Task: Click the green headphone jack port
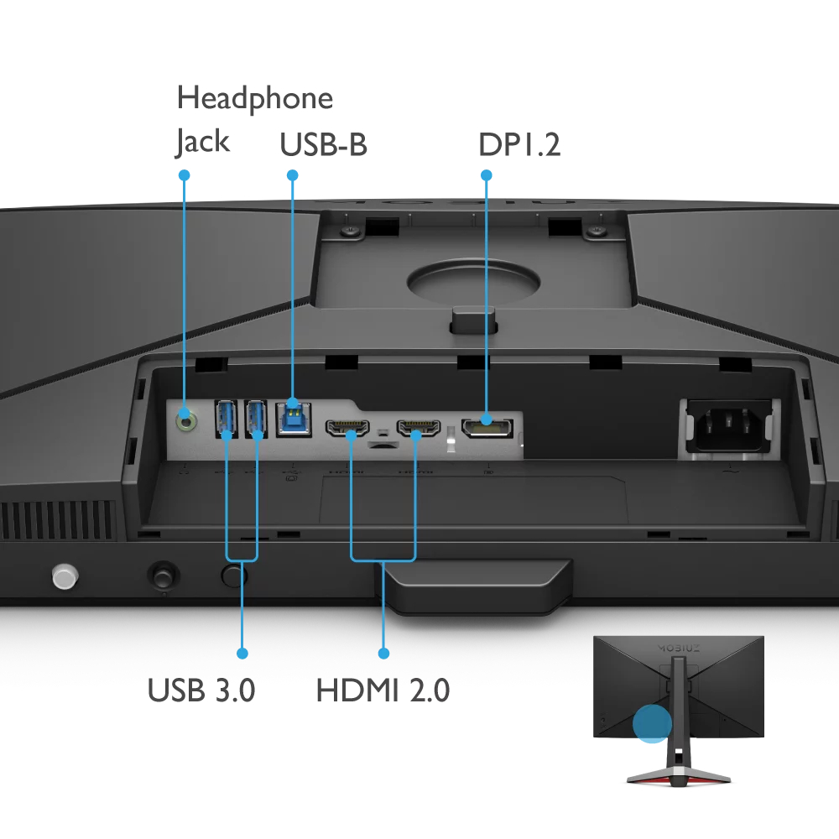pyautogui.click(x=185, y=421)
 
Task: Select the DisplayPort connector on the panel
pyautogui.click(x=487, y=428)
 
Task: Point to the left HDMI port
pyautogui.click(x=347, y=428)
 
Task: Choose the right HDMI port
pyautogui.click(x=419, y=428)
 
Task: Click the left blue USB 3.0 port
pyautogui.click(x=226, y=419)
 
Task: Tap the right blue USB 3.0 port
pyautogui.click(x=256, y=419)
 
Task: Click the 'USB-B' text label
pyautogui.click(x=323, y=144)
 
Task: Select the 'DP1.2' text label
pyautogui.click(x=519, y=144)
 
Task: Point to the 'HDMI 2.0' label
pyautogui.click(x=383, y=690)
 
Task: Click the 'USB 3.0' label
pyautogui.click(x=201, y=690)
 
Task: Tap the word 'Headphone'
pyautogui.click(x=255, y=98)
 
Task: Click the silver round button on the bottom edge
pyautogui.click(x=65, y=576)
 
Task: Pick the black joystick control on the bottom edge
pyautogui.click(x=164, y=576)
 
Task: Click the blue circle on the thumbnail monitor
pyautogui.click(x=652, y=723)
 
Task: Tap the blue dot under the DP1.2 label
pyautogui.click(x=487, y=175)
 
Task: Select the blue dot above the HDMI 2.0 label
pyautogui.click(x=383, y=654)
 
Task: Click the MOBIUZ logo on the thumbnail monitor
pyautogui.click(x=679, y=649)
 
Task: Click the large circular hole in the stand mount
pyautogui.click(x=473, y=281)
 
